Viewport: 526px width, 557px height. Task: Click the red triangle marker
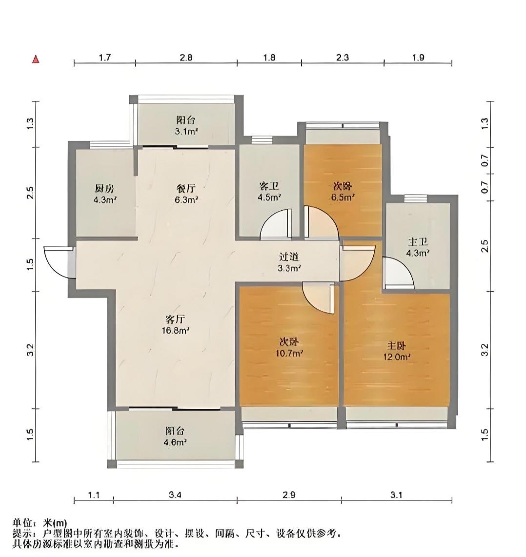pos(36,60)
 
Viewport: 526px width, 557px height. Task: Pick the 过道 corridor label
pos(289,257)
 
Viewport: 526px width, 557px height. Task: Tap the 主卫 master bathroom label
pos(417,242)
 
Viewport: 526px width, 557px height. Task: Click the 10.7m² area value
pos(289,353)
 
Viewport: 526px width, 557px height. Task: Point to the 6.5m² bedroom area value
pos(343,197)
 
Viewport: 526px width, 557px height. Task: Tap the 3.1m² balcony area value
pos(186,131)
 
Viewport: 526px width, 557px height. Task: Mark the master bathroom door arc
pos(400,273)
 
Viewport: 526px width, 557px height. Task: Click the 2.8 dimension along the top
pos(186,57)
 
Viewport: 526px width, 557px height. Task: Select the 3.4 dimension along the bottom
pos(175,495)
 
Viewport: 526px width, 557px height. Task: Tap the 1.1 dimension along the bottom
pos(94,495)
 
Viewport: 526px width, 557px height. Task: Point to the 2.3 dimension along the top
pos(343,57)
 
